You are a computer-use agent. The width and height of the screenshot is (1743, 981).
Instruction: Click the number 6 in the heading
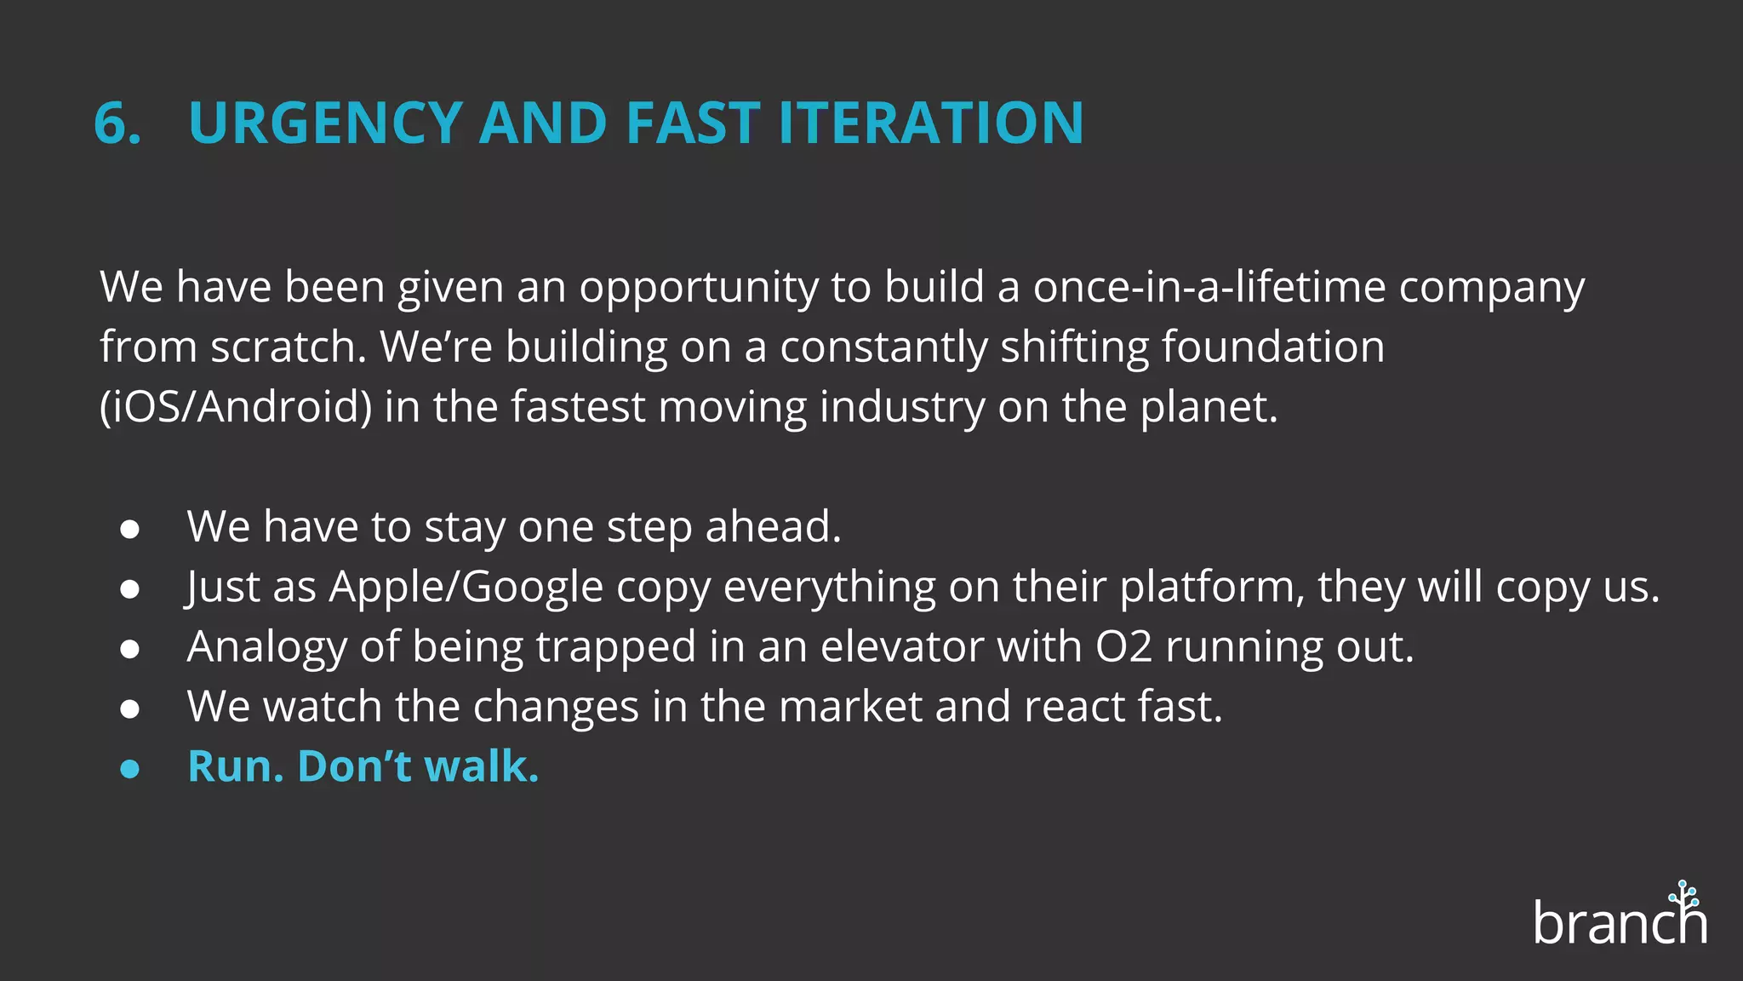[x=113, y=123]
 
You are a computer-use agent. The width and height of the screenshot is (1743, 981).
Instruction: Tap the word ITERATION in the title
[x=931, y=123]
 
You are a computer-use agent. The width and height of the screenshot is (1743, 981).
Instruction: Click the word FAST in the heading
[x=693, y=123]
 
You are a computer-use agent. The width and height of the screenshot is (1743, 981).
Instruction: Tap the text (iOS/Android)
[x=236, y=408]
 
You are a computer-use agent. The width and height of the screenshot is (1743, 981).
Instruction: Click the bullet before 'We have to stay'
[x=129, y=529]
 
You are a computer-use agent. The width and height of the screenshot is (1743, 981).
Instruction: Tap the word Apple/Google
[x=466, y=588]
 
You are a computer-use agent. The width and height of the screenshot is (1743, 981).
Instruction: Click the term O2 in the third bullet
[x=1123, y=647]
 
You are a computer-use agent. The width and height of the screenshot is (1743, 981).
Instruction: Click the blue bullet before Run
[x=129, y=769]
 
